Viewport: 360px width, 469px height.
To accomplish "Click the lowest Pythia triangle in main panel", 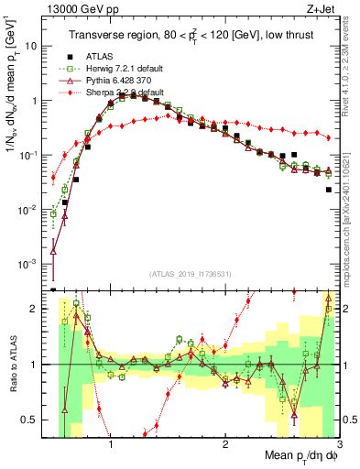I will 53,247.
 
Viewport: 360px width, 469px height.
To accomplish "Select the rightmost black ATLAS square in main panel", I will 329,190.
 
